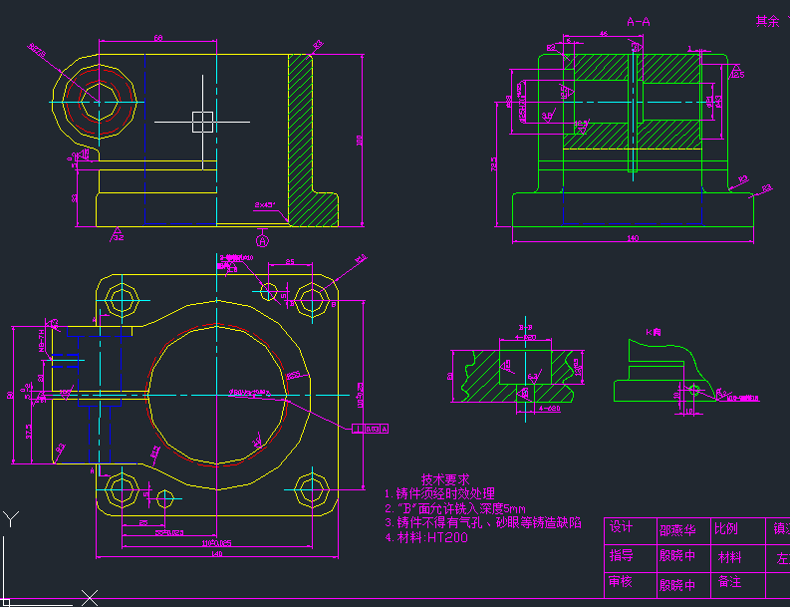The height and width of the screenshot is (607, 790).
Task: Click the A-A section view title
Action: click(x=639, y=21)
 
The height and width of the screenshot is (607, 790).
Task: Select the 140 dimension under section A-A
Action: click(x=632, y=238)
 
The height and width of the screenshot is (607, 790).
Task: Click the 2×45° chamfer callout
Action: click(x=264, y=205)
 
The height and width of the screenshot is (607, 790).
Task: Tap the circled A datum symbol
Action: click(x=263, y=240)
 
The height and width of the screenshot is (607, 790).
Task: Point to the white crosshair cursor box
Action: click(x=202, y=122)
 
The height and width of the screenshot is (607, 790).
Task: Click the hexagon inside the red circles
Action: click(x=98, y=100)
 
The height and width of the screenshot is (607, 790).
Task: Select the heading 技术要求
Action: click(x=444, y=479)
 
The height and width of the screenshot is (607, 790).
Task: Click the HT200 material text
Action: click(x=447, y=537)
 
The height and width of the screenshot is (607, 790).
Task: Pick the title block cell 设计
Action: click(x=622, y=528)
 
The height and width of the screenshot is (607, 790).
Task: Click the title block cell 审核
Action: click(x=622, y=582)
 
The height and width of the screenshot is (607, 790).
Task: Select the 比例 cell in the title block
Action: click(x=725, y=528)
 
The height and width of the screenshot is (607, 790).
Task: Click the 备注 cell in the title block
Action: click(x=729, y=582)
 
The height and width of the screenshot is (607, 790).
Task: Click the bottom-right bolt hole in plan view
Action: click(x=311, y=488)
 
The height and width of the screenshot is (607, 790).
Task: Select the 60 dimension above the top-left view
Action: click(x=158, y=38)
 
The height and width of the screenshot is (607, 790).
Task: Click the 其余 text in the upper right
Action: click(x=765, y=21)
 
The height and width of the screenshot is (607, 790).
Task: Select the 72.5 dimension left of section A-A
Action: click(x=495, y=165)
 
